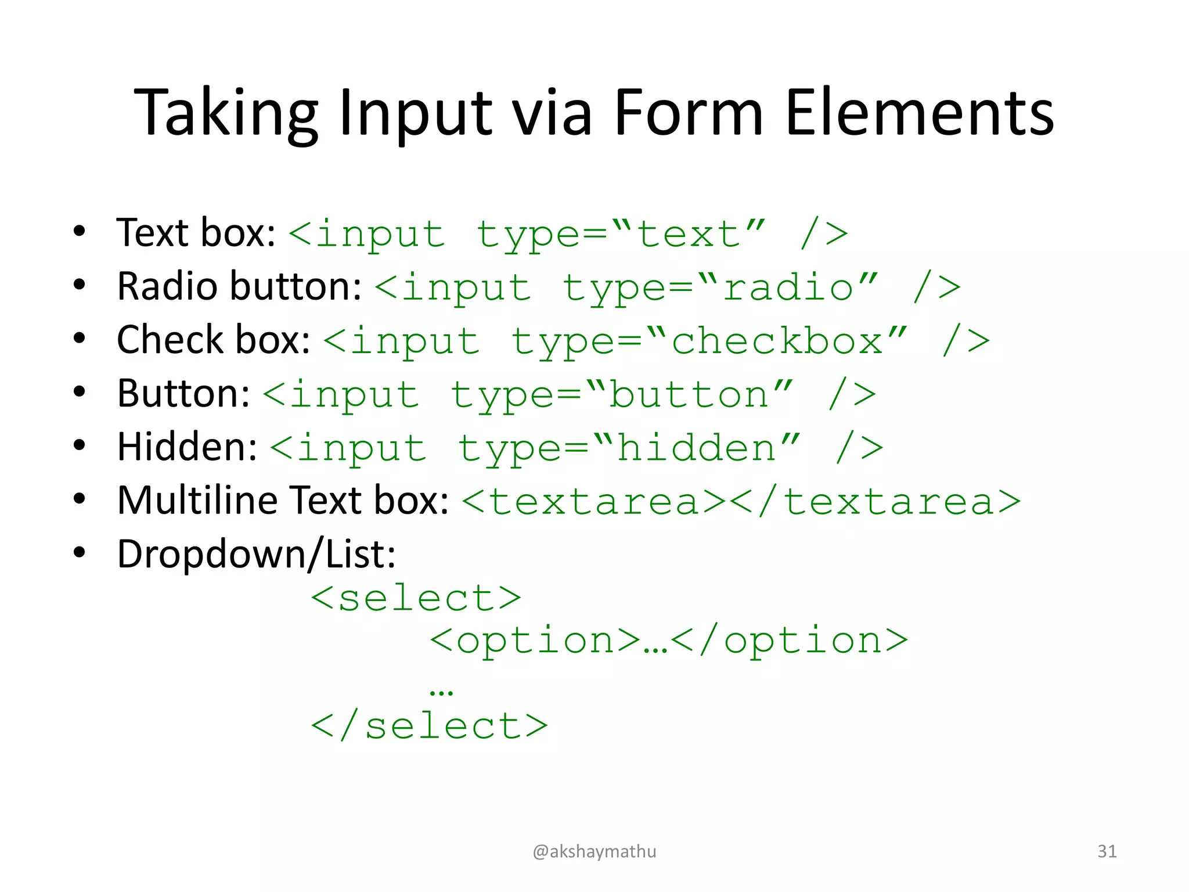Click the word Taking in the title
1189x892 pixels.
226,113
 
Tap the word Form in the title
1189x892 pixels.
687,113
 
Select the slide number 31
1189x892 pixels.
1107,851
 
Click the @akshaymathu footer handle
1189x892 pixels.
594,851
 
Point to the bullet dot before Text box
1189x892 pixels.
80,231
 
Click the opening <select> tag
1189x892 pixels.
416,598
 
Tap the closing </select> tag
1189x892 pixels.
429,726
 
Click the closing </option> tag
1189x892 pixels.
789,641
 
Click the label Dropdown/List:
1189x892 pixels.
256,554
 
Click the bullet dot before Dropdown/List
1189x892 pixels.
80,552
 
